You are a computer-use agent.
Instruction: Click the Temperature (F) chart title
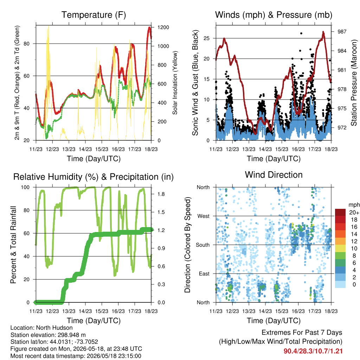tap(94, 15)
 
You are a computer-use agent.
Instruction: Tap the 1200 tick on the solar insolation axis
tap(163, 27)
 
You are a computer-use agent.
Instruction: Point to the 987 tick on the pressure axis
tap(342, 32)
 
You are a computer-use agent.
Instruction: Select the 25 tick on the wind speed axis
tap(207, 38)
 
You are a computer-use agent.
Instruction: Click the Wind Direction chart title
tap(274, 175)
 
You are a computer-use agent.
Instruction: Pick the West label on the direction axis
tap(204, 216)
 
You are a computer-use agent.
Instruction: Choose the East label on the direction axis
tap(204, 274)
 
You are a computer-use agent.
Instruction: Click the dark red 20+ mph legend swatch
tap(340, 212)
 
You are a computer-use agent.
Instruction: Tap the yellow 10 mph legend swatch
tap(340, 248)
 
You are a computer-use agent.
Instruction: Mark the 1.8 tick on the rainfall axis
tap(161, 194)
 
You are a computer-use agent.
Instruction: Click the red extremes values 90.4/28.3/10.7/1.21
tap(313, 351)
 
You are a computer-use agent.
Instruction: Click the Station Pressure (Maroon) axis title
tap(354, 83)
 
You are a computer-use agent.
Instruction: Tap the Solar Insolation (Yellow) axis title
tap(175, 83)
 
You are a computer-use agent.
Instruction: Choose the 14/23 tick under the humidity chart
tap(85, 311)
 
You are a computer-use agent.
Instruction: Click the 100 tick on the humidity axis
tap(25, 187)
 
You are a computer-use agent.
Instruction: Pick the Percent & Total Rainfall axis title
tap(13, 245)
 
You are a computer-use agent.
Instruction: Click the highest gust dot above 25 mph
tap(301, 33)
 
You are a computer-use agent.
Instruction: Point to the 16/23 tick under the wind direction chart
tap(298, 311)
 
